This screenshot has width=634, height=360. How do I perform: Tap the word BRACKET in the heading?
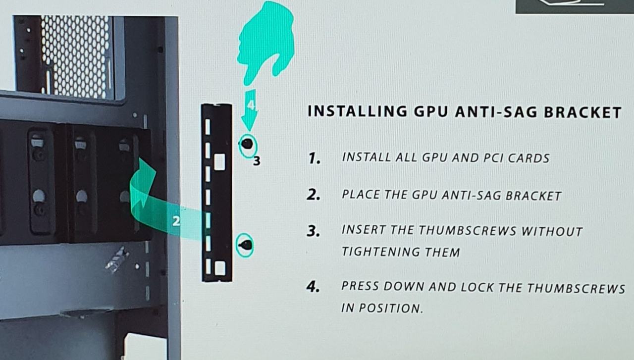coord(583,112)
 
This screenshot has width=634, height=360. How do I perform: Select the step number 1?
coord(315,158)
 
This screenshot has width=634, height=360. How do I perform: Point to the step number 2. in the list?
coord(314,195)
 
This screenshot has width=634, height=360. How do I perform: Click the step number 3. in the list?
coord(314,231)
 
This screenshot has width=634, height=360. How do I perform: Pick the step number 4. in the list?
coord(313,287)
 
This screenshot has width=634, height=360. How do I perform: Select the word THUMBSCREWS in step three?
coord(468,231)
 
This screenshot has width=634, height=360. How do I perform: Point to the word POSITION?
coord(391,308)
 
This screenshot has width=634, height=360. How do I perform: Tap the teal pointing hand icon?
coord(265,43)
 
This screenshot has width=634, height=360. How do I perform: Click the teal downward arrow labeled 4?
coord(249,110)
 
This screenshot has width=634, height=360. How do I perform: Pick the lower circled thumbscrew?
coord(245,245)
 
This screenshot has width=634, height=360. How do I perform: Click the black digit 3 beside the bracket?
coord(257,161)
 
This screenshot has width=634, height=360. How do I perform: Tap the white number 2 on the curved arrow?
coord(176,221)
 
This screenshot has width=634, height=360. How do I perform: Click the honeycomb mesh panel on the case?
coord(76,56)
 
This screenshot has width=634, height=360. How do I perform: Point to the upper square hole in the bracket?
coord(219,162)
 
